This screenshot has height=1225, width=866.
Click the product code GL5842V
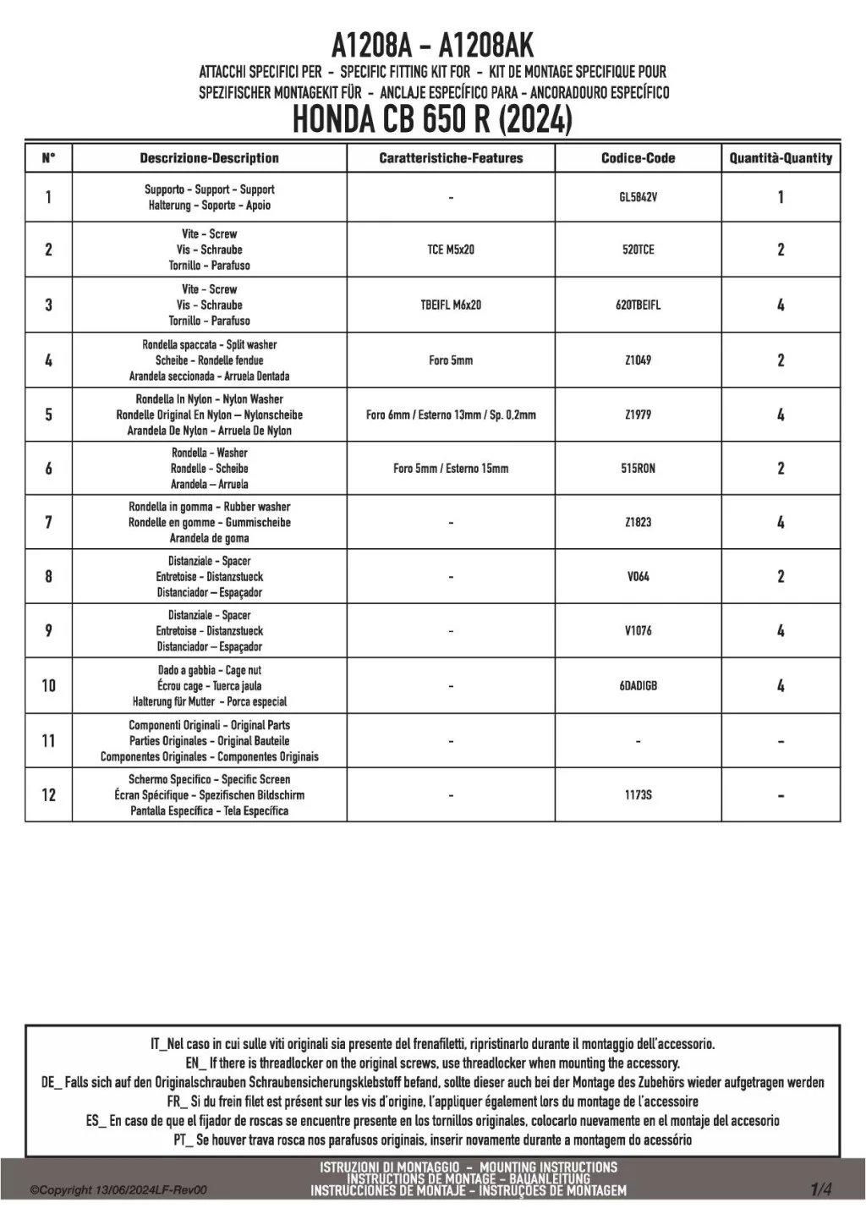coord(638,197)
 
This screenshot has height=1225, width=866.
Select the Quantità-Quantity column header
coord(781,158)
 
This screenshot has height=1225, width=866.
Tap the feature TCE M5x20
coord(451,250)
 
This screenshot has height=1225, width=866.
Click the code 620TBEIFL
coord(638,305)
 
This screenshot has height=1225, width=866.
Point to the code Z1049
coord(638,360)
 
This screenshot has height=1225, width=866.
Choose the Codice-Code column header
coord(638,158)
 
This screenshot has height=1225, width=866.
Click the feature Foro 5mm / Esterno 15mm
coord(451,469)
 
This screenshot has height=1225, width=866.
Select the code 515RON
coord(638,469)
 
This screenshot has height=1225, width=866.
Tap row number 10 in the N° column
coord(48,686)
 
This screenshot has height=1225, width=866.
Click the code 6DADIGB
coord(638,686)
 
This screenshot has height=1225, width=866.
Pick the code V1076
coord(638,631)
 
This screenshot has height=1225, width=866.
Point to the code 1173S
coord(638,795)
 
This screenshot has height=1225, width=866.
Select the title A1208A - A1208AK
coord(432,44)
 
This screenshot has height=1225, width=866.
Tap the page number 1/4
coord(820,1189)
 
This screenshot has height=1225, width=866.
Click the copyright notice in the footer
coord(118,1190)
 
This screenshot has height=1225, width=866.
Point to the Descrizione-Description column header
coord(209,158)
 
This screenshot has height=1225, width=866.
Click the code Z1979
coord(638,415)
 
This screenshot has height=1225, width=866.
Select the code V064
coord(638,577)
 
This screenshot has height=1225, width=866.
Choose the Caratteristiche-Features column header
coord(451,158)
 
